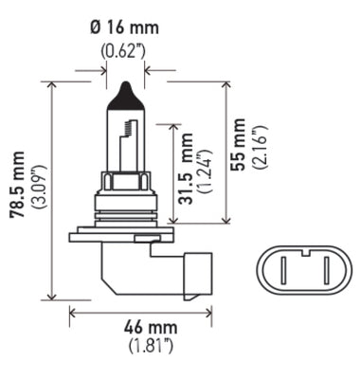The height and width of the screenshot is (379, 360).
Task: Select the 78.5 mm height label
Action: point(16,187)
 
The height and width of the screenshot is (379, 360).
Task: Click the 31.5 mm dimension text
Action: point(187,171)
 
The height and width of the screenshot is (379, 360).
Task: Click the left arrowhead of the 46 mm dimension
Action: point(73,309)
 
